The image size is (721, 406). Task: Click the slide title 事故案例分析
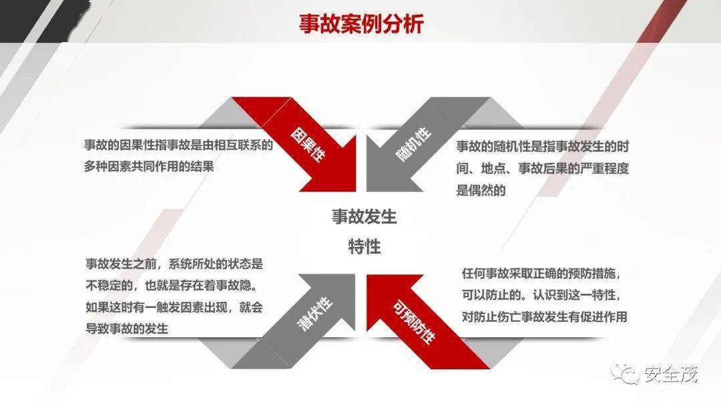click(x=361, y=23)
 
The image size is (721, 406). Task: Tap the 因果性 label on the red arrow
click(x=308, y=146)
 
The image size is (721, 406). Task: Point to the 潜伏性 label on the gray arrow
click(x=315, y=314)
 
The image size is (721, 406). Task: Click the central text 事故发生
click(x=365, y=216)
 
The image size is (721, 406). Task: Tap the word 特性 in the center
click(x=365, y=246)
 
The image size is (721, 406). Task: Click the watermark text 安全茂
click(x=670, y=374)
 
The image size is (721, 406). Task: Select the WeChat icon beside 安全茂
click(x=625, y=373)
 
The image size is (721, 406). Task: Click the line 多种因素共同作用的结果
click(x=149, y=166)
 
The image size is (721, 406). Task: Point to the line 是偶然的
click(x=481, y=190)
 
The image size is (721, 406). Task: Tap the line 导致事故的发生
click(x=127, y=329)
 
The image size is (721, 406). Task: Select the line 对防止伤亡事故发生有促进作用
click(x=545, y=317)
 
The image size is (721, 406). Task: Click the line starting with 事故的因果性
click(x=178, y=145)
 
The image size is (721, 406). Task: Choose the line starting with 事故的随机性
click(x=543, y=147)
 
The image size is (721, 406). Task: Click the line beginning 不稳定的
click(x=171, y=286)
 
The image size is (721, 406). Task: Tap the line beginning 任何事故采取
click(x=541, y=274)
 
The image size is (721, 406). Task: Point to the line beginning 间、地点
click(x=543, y=168)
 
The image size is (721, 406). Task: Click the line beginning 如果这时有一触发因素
click(x=174, y=307)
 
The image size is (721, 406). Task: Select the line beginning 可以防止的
click(x=541, y=294)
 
